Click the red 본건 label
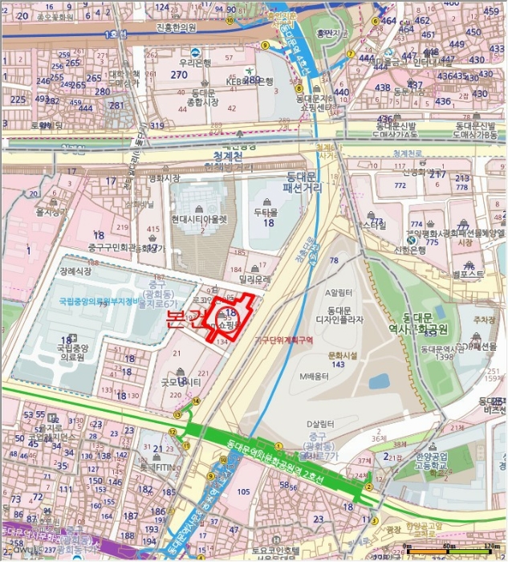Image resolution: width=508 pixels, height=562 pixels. tap(184, 319)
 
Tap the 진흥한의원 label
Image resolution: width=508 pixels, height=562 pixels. tap(177, 26)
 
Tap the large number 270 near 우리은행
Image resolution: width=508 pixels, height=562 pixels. tap(179, 75)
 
